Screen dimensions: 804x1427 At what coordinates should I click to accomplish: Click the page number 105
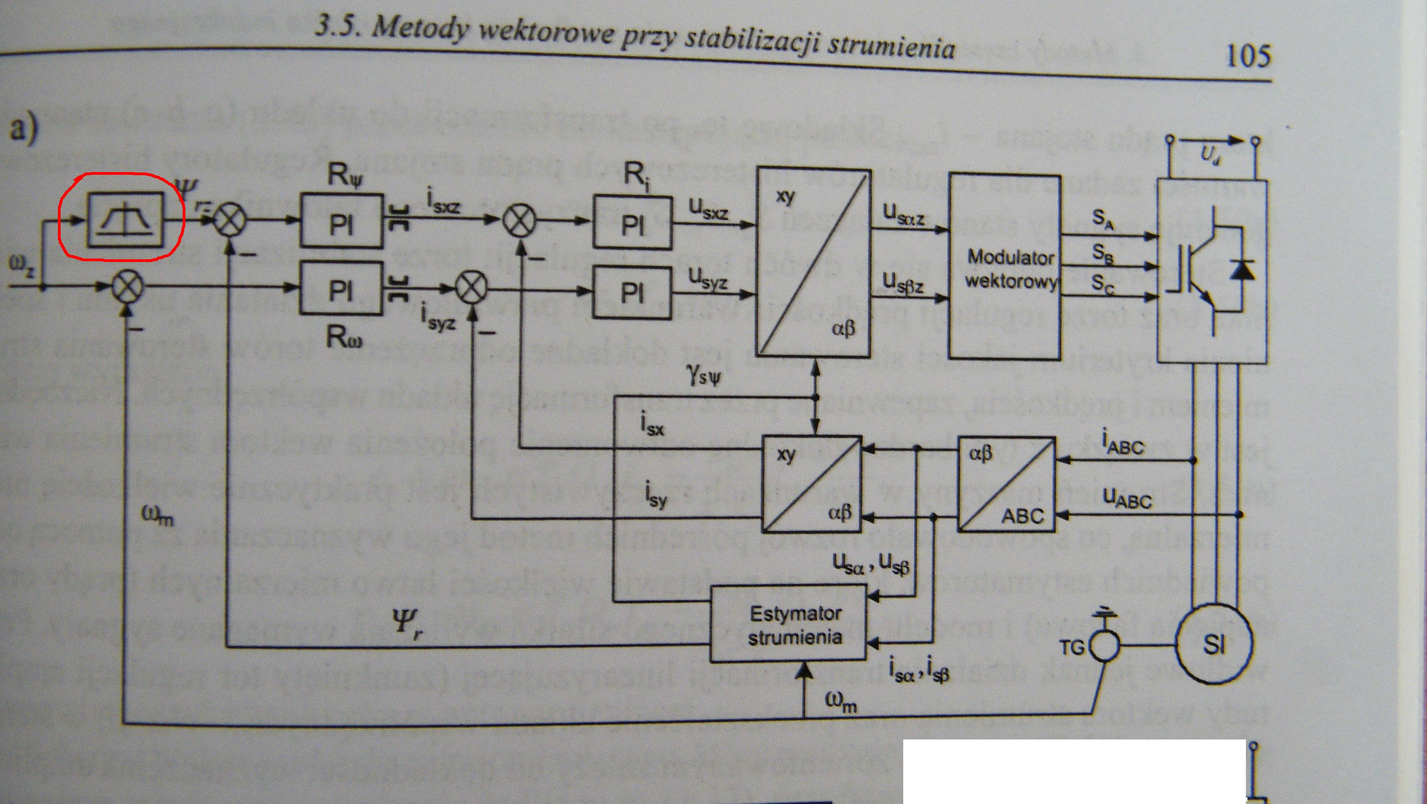click(1248, 56)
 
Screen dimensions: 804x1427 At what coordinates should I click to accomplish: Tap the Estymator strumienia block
click(794, 625)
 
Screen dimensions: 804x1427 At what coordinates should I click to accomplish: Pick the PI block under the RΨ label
click(341, 220)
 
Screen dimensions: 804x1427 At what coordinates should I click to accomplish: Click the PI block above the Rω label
click(341, 289)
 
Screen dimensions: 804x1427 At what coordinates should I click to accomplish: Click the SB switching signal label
click(1102, 254)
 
